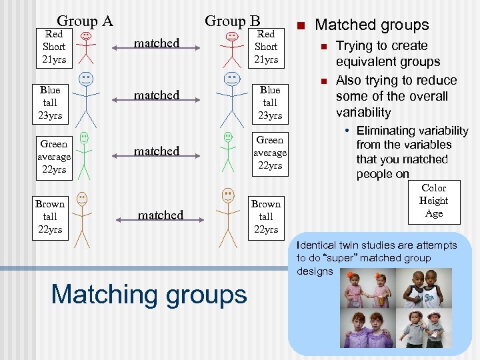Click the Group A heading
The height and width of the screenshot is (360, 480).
[85, 21]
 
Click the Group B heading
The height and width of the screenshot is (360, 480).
[232, 21]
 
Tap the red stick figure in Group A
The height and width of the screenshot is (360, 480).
[85, 46]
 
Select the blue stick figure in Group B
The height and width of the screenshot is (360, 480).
[231, 97]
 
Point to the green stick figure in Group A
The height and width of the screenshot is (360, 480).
[84, 155]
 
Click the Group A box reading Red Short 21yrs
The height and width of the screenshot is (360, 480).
[54, 47]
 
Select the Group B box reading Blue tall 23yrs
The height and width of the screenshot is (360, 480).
[270, 103]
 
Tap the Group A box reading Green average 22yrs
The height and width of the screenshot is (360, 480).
[54, 157]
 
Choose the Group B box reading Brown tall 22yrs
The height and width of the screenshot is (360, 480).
[266, 217]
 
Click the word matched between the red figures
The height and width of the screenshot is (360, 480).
[157, 43]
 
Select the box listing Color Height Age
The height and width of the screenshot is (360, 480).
[433, 201]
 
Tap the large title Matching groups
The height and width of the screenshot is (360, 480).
[149, 294]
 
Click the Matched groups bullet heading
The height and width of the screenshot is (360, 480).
[371, 25]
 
